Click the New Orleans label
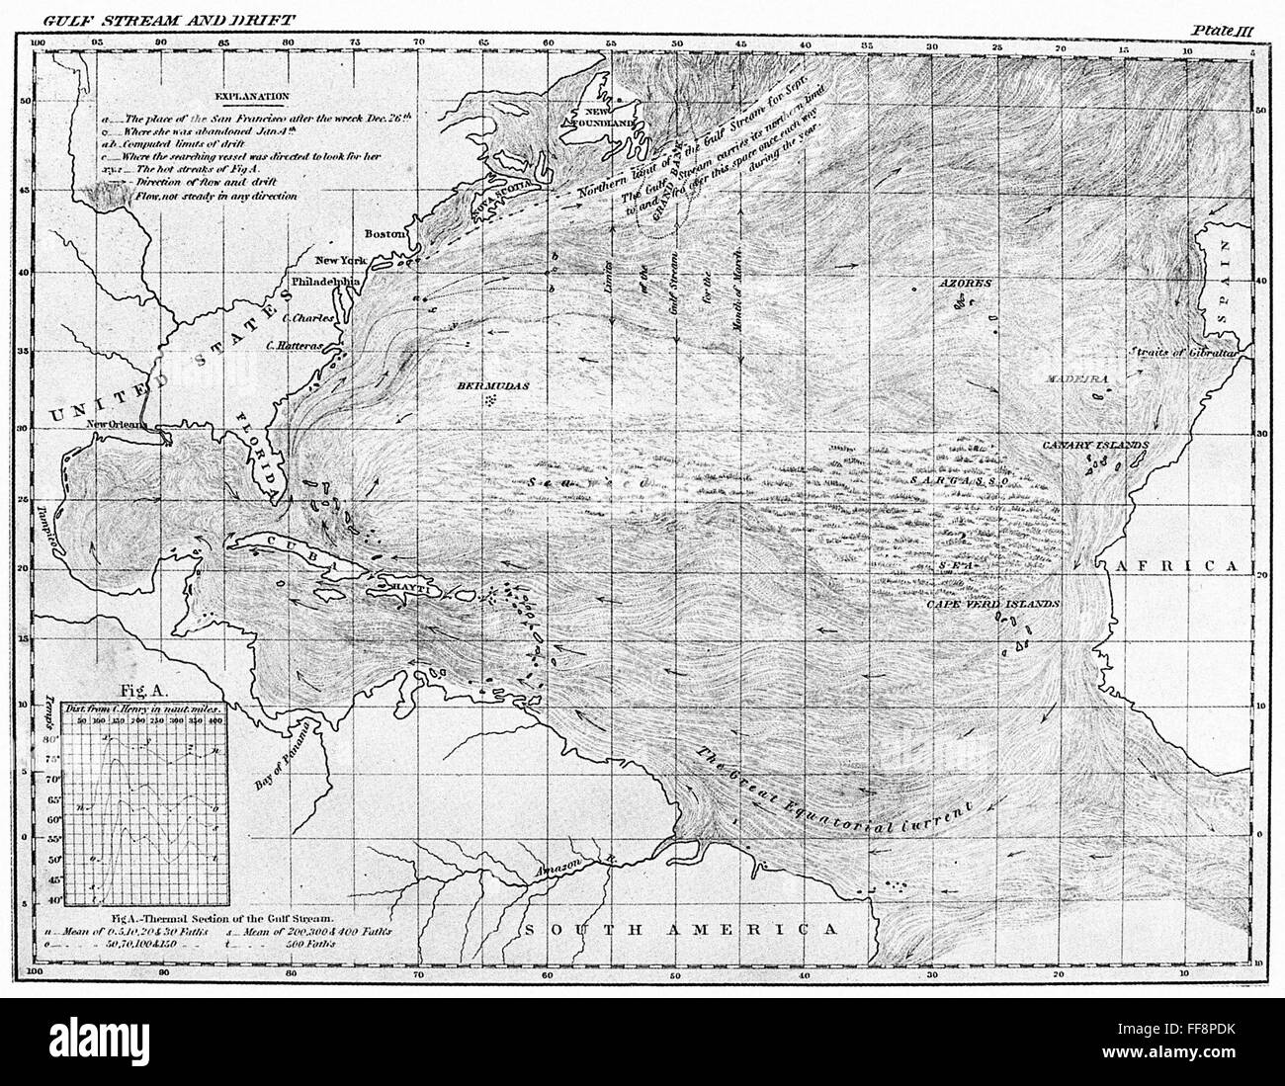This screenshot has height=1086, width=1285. pos(115,426)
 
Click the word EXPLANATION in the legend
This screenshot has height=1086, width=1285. pos(248,97)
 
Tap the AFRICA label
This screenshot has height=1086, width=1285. pos(1177,566)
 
